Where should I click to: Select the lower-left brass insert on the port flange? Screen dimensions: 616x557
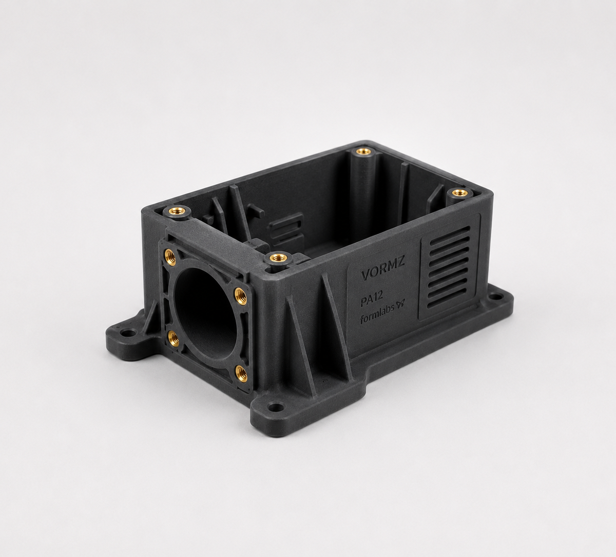pos(175,339)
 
